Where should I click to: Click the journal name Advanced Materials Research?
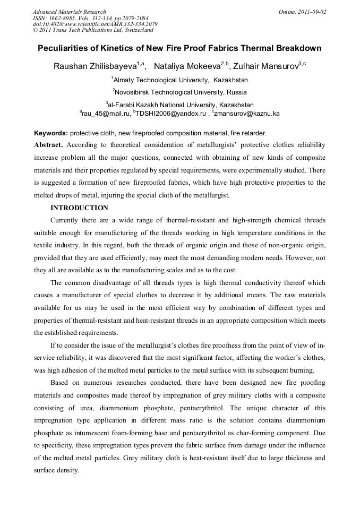(x=69, y=12)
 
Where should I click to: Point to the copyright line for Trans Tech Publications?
(x=93, y=30)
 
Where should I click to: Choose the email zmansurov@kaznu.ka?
(x=247, y=114)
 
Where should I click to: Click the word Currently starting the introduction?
(x=66, y=220)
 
